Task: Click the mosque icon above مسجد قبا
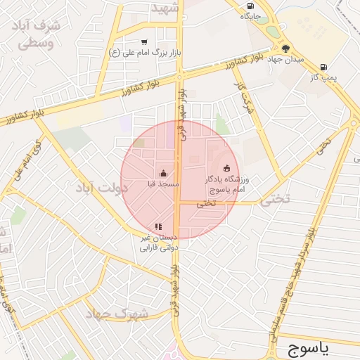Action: [163, 173]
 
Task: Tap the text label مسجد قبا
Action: [163, 184]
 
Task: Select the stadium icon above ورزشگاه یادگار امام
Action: [226, 168]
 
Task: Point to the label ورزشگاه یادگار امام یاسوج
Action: [226, 185]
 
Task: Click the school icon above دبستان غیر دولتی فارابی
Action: [158, 226]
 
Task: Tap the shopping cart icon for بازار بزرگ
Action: [144, 42]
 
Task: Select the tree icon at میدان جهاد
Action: [285, 48]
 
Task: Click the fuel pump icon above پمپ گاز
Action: [323, 67]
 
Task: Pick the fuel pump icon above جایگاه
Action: [251, 5]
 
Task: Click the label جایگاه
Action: [251, 15]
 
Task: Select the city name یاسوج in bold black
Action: [317, 347]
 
